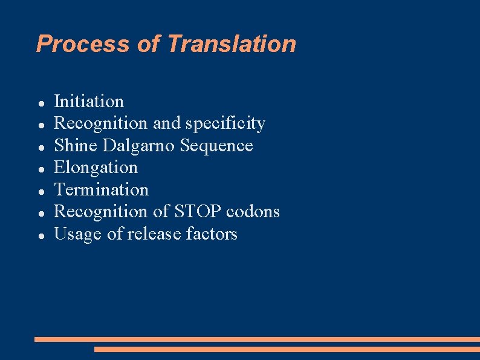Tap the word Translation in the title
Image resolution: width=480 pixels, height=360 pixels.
(232, 44)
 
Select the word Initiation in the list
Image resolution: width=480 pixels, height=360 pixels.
(89, 101)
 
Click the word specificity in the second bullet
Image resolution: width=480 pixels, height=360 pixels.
(225, 123)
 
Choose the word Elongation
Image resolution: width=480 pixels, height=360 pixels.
(96, 168)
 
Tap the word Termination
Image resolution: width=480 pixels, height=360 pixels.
(101, 190)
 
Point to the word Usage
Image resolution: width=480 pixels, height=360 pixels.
(78, 234)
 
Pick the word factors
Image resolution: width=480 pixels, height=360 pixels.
(213, 234)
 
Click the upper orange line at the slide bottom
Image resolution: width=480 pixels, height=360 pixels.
(257, 339)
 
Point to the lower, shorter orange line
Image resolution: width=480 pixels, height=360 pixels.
(287, 349)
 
